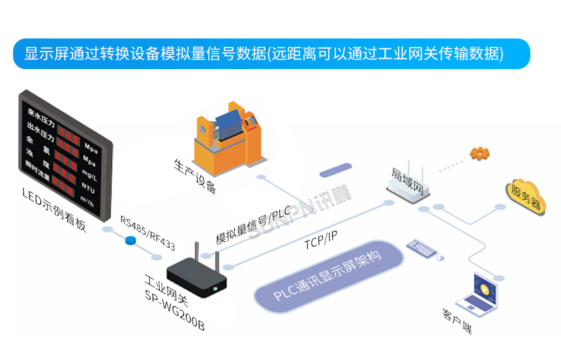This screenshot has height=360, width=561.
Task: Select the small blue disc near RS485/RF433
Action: tap(131, 241)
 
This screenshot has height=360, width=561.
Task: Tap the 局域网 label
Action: tap(408, 180)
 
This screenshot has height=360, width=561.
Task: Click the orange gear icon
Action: tap(479, 154)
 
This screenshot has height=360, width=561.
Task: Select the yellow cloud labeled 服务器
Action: tap(525, 195)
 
